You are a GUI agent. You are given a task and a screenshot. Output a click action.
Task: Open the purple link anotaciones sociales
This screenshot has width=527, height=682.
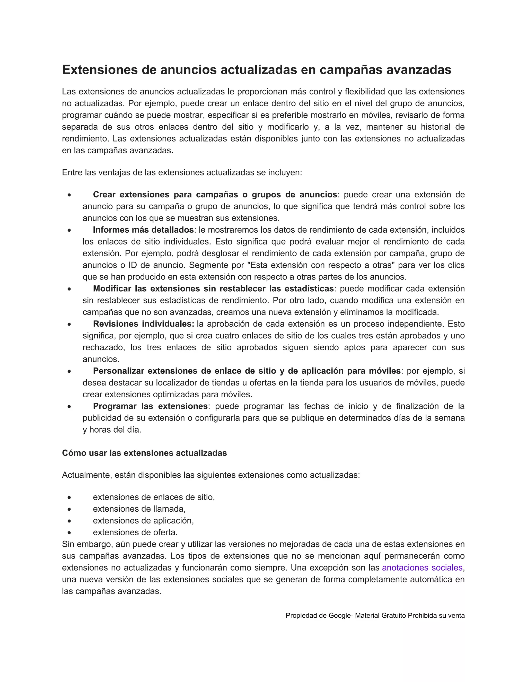pyautogui.click(x=422, y=568)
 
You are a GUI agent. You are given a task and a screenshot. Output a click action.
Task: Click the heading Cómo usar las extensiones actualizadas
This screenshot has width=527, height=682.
pyautogui.click(x=144, y=453)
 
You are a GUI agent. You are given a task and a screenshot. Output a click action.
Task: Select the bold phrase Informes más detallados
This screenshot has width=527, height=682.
pyautogui.click(x=143, y=230)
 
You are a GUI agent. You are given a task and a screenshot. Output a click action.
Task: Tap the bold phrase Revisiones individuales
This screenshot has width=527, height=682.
pyautogui.click(x=143, y=324)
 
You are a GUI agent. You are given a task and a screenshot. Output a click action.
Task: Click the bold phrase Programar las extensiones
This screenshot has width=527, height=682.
pyautogui.click(x=150, y=406)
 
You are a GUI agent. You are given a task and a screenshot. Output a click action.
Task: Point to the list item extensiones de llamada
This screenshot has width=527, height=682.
pyautogui.click(x=139, y=509)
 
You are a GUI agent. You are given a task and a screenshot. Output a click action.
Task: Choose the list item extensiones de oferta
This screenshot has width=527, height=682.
pyautogui.click(x=135, y=532)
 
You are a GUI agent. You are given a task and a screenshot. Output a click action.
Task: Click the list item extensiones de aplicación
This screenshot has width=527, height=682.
pyautogui.click(x=143, y=521)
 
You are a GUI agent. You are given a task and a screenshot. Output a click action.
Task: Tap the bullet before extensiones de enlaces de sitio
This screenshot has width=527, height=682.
pyautogui.click(x=69, y=498)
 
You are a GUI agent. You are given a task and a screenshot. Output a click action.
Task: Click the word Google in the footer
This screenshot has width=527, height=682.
pyautogui.click(x=340, y=616)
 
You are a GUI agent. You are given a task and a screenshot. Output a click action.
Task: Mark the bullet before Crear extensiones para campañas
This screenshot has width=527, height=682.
pyautogui.click(x=69, y=195)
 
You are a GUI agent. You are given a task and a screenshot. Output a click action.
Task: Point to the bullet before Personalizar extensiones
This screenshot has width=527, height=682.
pyautogui.click(x=69, y=372)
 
